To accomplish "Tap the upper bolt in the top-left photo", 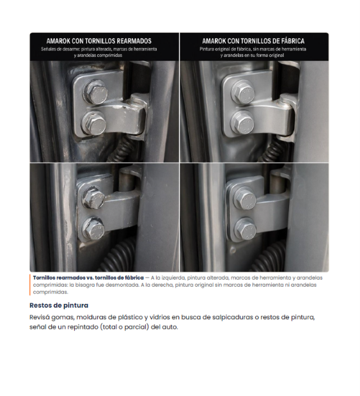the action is (x=96, y=91).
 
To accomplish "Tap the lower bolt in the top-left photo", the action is (x=94, y=123).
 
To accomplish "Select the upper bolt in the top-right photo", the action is (x=243, y=91).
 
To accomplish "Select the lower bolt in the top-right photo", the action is (x=242, y=123).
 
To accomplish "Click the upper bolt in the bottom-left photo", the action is (x=93, y=198).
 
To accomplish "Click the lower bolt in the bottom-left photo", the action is (x=93, y=228).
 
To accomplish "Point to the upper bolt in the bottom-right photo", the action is (x=245, y=198).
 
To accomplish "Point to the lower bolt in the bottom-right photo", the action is (x=246, y=229).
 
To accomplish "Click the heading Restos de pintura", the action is (x=59, y=305).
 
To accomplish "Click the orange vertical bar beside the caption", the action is (x=30, y=285).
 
